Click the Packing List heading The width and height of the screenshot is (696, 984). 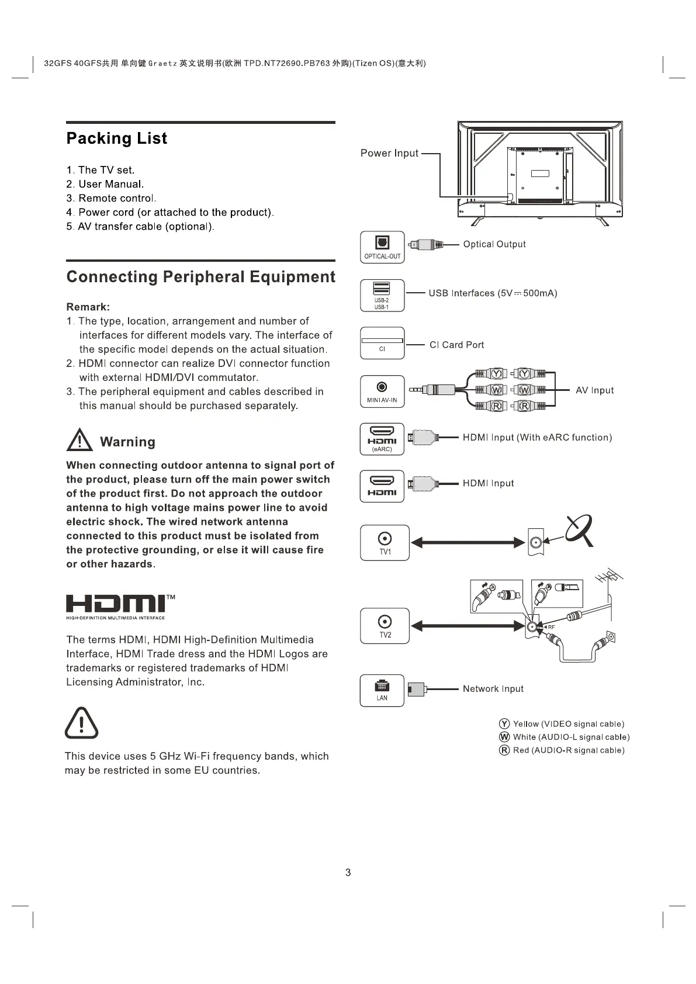pyautogui.click(x=117, y=138)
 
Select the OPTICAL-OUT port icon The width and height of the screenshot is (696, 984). pyautogui.click(x=382, y=247)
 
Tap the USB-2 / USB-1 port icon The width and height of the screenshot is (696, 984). pyautogui.click(x=382, y=295)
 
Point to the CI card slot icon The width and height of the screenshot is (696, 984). pyautogui.click(x=382, y=344)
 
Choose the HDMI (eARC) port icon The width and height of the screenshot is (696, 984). pyautogui.click(x=382, y=439)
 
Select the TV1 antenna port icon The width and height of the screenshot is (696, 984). pyautogui.click(x=385, y=543)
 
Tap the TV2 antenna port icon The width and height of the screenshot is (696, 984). pyautogui.click(x=385, y=626)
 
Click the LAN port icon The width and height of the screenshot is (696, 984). pyautogui.click(x=382, y=690)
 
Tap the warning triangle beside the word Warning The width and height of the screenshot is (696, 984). pyautogui.click(x=79, y=441)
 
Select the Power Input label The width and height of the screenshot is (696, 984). pyautogui.click(x=389, y=153)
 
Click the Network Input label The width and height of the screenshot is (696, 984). pyautogui.click(x=493, y=689)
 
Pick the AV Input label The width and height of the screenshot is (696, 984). pyautogui.click(x=594, y=390)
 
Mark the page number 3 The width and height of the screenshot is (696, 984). pyautogui.click(x=348, y=872)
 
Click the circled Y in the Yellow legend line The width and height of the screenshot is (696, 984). pyautogui.click(x=504, y=724)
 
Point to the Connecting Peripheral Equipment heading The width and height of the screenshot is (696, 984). pyautogui.click(x=201, y=277)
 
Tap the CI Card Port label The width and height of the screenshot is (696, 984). pyautogui.click(x=456, y=345)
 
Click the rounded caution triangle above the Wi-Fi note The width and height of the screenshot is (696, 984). pyautogui.click(x=81, y=723)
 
